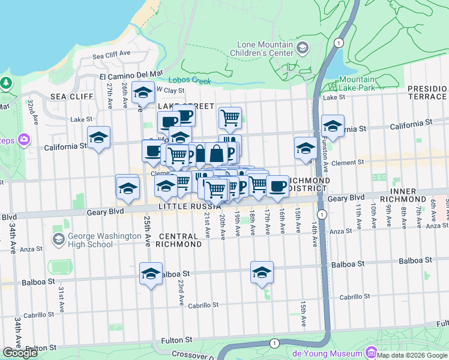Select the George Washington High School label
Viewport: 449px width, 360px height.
click(x=90, y=240)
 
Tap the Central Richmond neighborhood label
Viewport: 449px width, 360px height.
click(x=179, y=240)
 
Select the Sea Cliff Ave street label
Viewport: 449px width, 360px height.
click(x=112, y=54)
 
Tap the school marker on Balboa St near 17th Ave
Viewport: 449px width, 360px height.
click(x=262, y=271)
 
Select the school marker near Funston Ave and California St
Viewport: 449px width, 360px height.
click(x=333, y=125)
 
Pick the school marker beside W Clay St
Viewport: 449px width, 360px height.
click(x=143, y=92)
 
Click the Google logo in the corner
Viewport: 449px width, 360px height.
click(x=20, y=353)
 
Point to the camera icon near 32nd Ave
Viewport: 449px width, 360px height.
click(x=25, y=140)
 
